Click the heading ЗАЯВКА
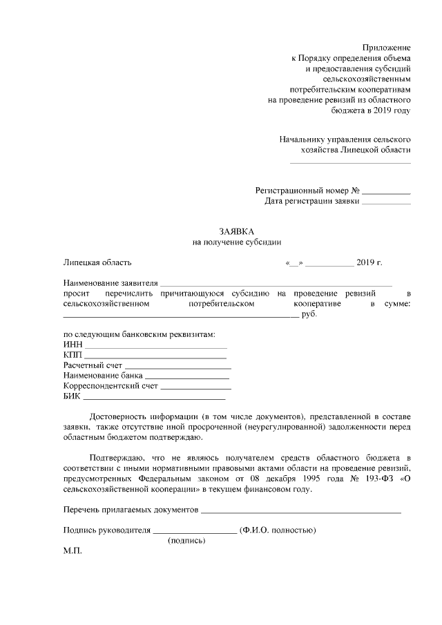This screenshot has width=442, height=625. click(236, 231)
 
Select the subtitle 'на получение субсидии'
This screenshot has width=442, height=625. click(236, 242)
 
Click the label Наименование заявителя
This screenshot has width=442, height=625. click(110, 284)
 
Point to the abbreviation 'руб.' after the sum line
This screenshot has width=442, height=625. click(309, 315)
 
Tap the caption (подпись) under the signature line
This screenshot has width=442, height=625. click(186, 541)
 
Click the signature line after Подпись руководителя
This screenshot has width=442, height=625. click(194, 532)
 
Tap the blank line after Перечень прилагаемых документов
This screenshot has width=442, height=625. click(301, 512)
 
